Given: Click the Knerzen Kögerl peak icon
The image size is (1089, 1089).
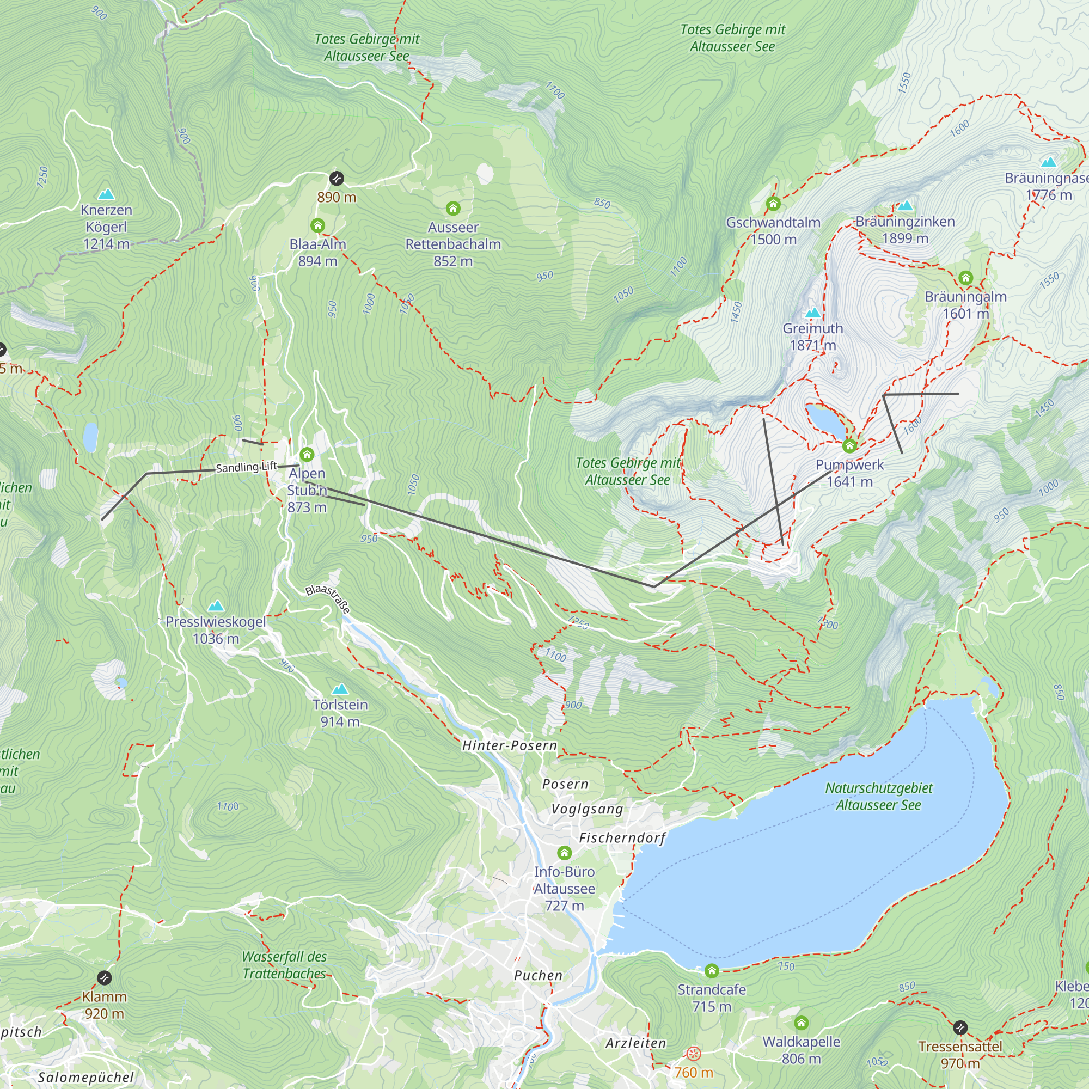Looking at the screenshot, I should (106, 194).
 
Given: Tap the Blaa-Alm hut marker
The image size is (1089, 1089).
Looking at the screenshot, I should (317, 226).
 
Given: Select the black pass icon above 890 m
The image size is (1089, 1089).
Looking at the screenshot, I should (337, 179).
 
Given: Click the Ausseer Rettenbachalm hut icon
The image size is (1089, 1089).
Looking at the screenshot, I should (452, 209).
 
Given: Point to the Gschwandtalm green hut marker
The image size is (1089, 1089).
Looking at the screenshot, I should (773, 204).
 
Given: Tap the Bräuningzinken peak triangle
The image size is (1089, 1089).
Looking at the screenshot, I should (906, 206).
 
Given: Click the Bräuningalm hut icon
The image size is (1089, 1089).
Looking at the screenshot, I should (965, 278).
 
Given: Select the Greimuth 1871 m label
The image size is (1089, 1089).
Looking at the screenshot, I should (812, 337).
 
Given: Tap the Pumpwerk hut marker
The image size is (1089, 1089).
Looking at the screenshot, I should (849, 446).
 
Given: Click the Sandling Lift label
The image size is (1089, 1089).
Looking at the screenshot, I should (246, 467).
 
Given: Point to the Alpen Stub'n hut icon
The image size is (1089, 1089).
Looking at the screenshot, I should (307, 454).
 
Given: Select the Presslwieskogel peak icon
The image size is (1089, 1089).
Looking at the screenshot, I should (216, 607).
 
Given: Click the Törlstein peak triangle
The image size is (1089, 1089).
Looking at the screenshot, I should (340, 689).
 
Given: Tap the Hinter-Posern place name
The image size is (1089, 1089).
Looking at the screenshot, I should (509, 746).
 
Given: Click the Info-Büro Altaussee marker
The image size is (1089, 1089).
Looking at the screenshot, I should (564, 853).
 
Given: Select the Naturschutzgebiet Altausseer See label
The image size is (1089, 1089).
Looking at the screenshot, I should (878, 797).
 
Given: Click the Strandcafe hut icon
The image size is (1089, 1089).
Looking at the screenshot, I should (711, 971).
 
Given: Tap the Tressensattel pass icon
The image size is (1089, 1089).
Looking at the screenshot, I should (960, 1028).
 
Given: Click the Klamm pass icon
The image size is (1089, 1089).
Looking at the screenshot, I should (105, 978).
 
